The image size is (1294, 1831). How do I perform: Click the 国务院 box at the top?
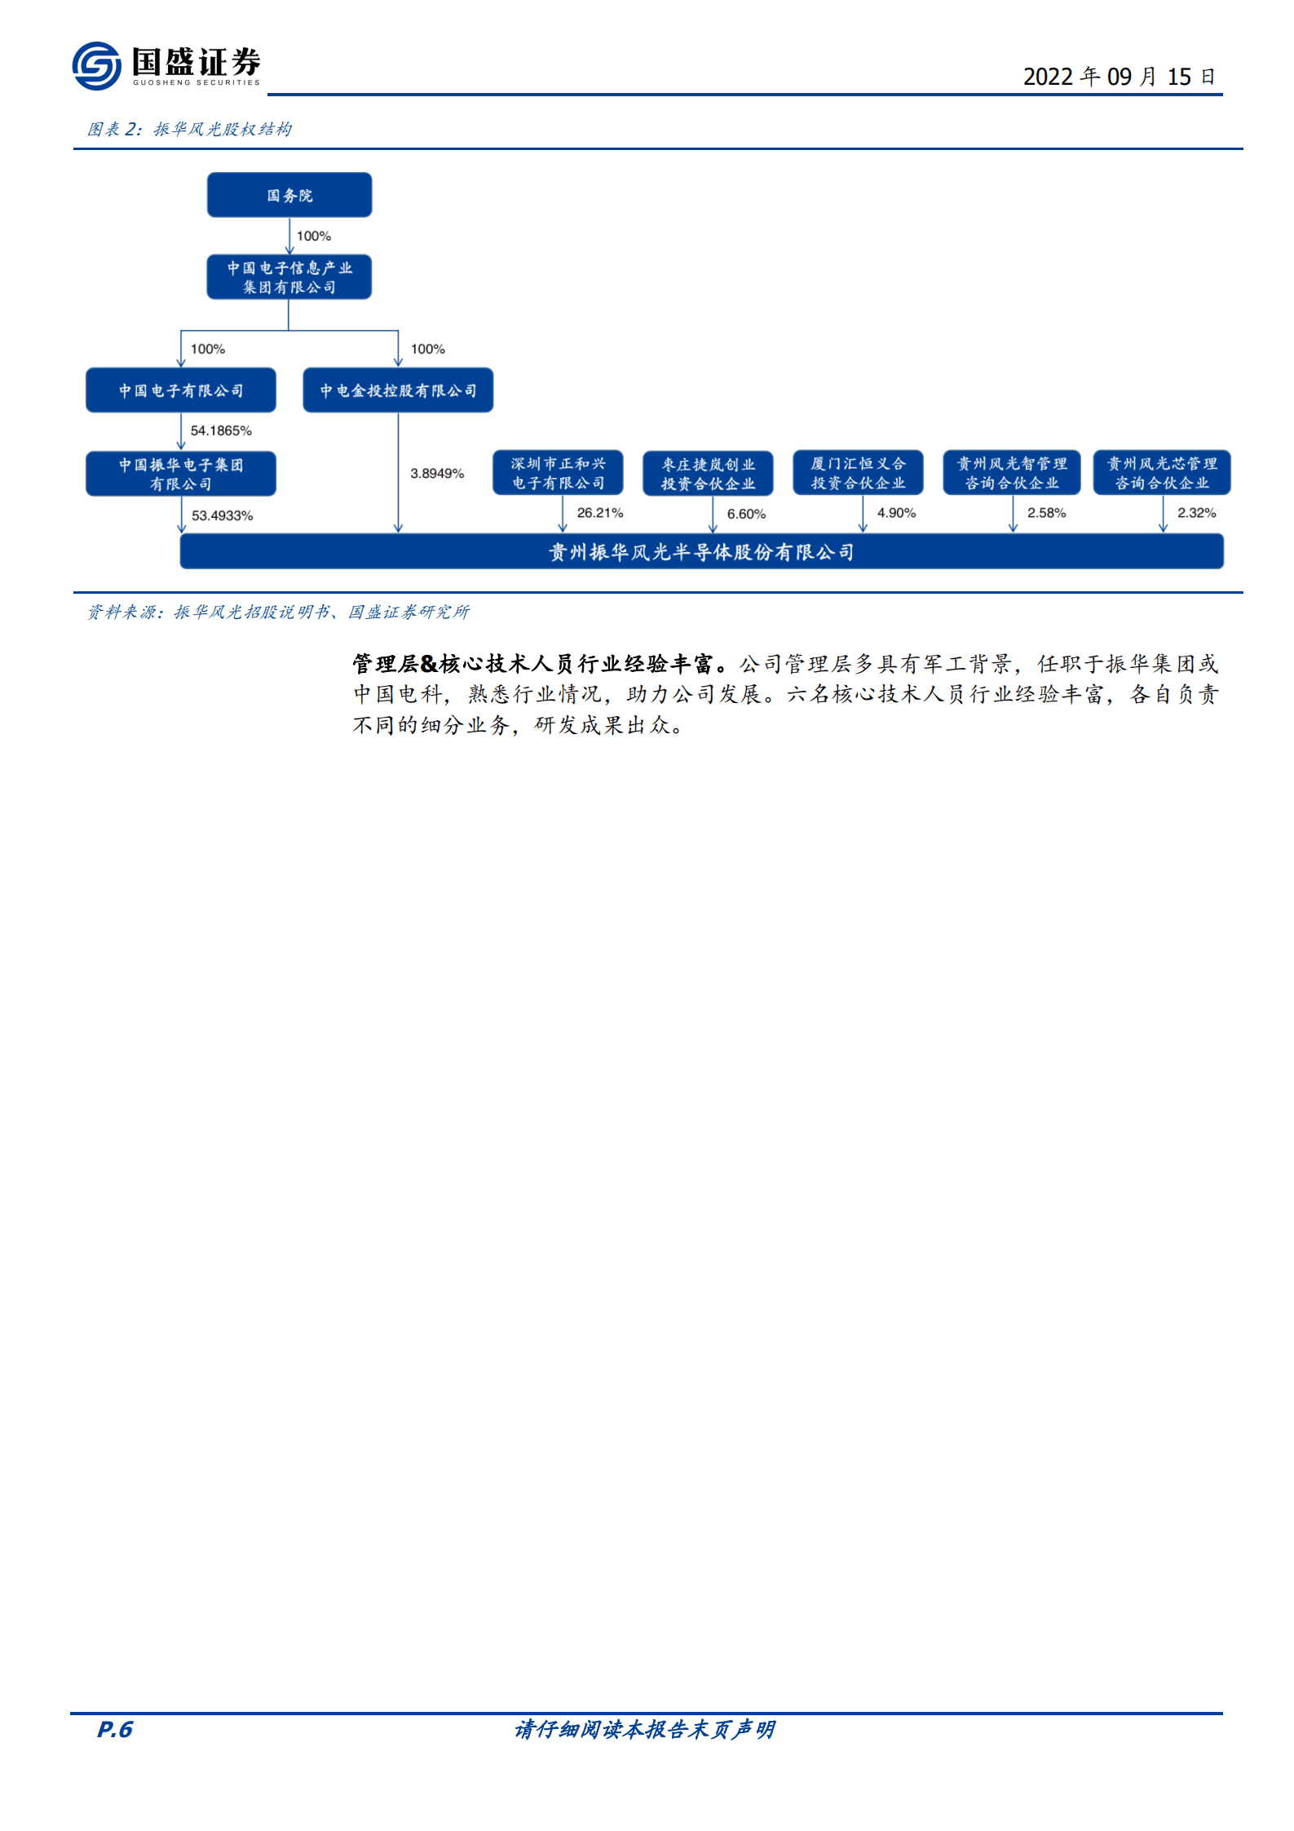pyautogui.click(x=289, y=195)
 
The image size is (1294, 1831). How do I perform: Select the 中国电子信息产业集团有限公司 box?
pyautogui.click(x=289, y=277)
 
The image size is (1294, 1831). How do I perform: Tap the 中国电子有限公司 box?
pyautogui.click(x=181, y=391)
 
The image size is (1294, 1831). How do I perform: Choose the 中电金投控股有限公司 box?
pyautogui.click(x=398, y=391)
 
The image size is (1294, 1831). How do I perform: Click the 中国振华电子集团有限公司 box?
pyautogui.click(x=181, y=474)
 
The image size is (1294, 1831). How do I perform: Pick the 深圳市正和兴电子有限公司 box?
pyautogui.click(x=559, y=473)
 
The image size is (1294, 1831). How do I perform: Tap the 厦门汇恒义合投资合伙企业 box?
pyautogui.click(x=858, y=473)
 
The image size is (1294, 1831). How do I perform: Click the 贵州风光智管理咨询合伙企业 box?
pyautogui.click(x=1012, y=473)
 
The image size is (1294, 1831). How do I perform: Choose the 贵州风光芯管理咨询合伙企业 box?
pyautogui.click(x=1162, y=473)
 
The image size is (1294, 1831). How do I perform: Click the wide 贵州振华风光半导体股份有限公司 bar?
pyautogui.click(x=701, y=552)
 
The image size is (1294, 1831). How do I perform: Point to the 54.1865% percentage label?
pyautogui.click(x=221, y=431)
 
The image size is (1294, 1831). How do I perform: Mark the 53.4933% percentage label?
pyautogui.click(x=222, y=515)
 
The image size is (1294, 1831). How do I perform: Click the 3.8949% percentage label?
pyautogui.click(x=437, y=473)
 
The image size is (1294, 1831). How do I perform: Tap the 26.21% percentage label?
pyautogui.click(x=600, y=513)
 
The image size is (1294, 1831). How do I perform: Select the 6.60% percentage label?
pyautogui.click(x=746, y=514)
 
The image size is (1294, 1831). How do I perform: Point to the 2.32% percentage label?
pyautogui.click(x=1196, y=513)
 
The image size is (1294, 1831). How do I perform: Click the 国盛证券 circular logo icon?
pyautogui.click(x=96, y=65)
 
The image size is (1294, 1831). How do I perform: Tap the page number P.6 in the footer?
pyautogui.click(x=114, y=1729)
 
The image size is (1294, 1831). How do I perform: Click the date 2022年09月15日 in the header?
pyautogui.click(x=1119, y=77)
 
